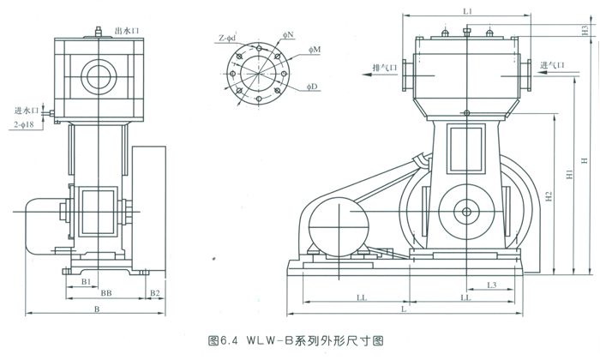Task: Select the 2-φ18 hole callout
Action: pos(28,125)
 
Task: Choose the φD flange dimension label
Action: pos(311,87)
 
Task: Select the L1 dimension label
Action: pos(467,11)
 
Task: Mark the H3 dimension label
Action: pos(584,28)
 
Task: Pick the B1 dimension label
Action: pos(86,281)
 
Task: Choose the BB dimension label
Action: pos(105,293)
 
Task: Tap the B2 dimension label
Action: pos(155,293)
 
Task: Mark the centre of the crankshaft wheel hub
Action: pos(466,213)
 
